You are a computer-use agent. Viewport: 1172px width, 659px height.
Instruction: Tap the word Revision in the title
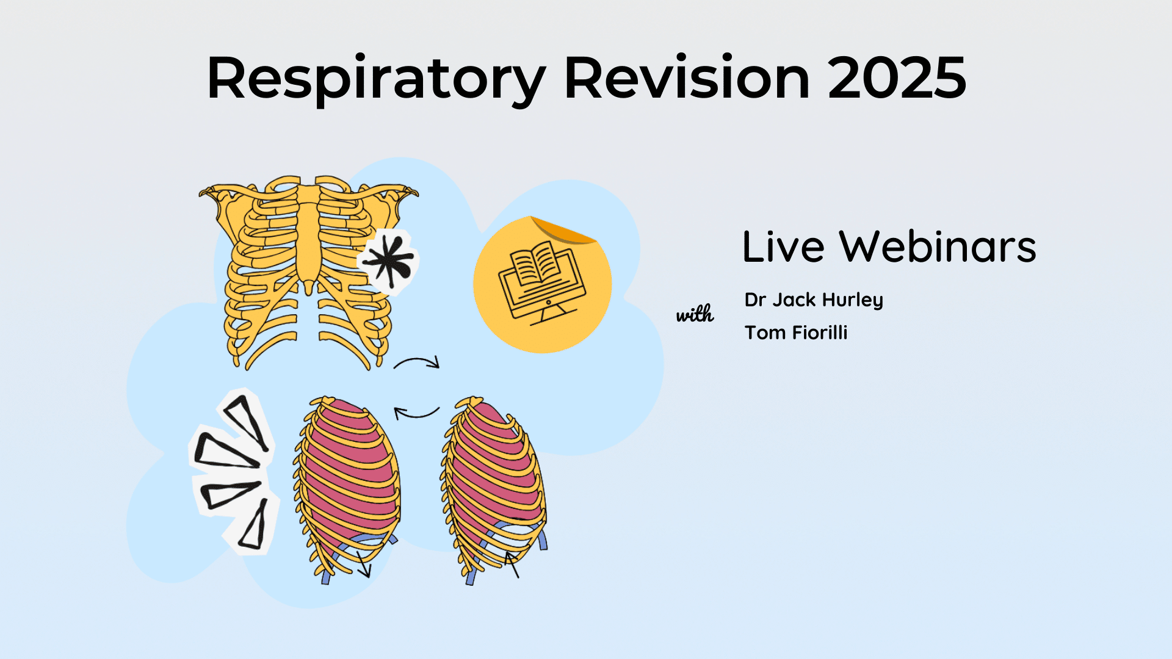[687, 78]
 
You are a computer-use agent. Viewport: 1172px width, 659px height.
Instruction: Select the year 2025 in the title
[897, 78]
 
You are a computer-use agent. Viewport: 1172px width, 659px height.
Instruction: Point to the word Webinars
[938, 247]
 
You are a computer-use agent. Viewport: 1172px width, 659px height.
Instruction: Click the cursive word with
[695, 314]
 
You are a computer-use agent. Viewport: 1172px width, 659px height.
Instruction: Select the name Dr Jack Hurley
[814, 300]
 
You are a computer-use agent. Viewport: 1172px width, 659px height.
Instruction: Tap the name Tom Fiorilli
[796, 333]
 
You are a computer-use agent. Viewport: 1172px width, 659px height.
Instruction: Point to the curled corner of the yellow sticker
[565, 231]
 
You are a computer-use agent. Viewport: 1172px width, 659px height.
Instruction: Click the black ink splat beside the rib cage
[389, 261]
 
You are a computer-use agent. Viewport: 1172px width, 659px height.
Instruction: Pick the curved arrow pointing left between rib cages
[416, 414]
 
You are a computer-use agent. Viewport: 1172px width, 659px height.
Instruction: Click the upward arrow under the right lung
[513, 564]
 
